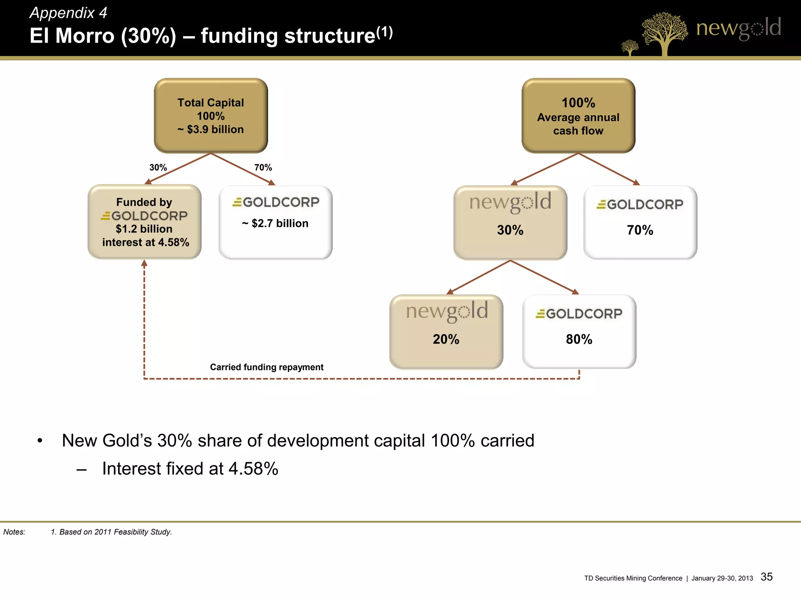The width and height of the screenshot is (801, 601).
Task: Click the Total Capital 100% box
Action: point(211,115)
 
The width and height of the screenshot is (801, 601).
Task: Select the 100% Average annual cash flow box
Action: point(578,115)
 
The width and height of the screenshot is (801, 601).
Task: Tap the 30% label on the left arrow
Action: point(158,167)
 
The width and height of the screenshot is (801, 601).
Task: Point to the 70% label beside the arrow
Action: point(263,167)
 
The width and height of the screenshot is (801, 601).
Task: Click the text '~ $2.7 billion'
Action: point(275,223)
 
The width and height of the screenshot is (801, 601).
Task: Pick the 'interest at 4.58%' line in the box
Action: point(145,243)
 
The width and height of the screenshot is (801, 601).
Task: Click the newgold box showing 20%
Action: point(446,331)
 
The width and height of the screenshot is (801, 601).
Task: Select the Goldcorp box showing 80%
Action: point(579,331)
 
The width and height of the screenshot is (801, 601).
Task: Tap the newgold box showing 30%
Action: point(510,222)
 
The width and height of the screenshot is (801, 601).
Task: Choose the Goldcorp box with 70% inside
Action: point(640,222)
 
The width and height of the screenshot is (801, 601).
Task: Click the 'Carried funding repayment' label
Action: point(267,367)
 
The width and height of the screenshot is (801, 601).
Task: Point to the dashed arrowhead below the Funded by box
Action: point(144,264)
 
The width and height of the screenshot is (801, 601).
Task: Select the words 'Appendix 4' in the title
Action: point(68,13)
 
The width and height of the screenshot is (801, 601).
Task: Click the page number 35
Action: point(767,577)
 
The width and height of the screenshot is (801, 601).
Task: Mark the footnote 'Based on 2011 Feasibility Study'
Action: point(111,532)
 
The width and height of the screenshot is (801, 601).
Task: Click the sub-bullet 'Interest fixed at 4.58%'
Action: point(190,469)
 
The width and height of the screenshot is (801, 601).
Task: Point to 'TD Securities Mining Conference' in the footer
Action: point(633,578)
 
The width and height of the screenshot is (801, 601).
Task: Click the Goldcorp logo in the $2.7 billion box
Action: point(276,202)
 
